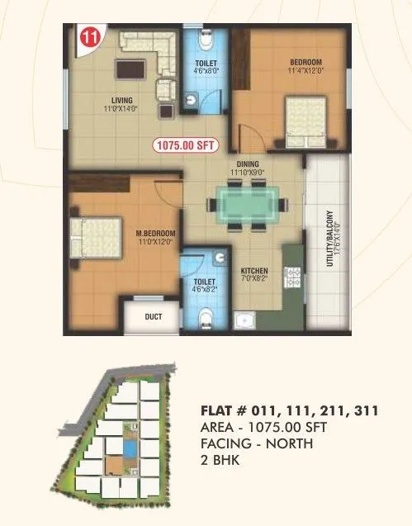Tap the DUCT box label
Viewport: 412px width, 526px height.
click(153, 316)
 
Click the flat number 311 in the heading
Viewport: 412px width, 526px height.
click(364, 410)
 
